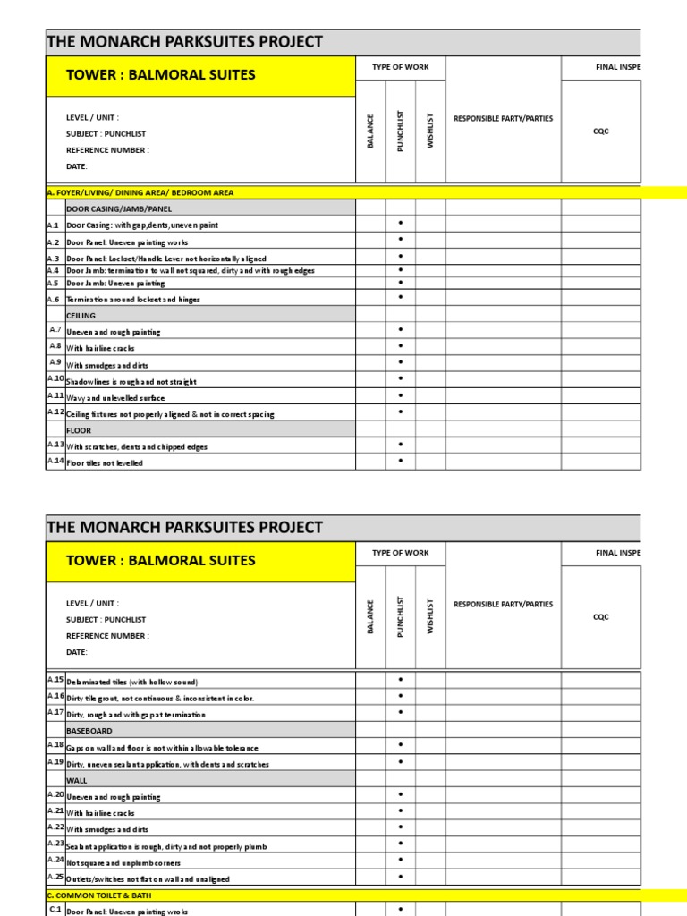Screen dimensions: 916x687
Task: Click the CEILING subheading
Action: tap(81, 316)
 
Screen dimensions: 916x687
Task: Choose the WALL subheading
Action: tap(76, 780)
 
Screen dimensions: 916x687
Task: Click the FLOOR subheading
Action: tap(79, 430)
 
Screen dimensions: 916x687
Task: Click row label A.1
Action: tap(53, 225)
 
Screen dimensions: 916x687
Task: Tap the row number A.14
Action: tap(54, 462)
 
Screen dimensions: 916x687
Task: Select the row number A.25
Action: tap(54, 878)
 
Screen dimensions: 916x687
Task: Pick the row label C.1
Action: tap(54, 910)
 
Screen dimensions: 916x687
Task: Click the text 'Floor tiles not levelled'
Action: tap(105, 463)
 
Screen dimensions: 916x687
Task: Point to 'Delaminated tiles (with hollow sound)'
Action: tap(131, 682)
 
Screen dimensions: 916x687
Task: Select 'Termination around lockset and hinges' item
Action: tap(133, 300)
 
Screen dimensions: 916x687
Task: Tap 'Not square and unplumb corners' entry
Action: tap(123, 863)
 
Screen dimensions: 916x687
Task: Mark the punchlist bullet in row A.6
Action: tap(400, 297)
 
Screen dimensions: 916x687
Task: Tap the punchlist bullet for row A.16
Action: tap(400, 696)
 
